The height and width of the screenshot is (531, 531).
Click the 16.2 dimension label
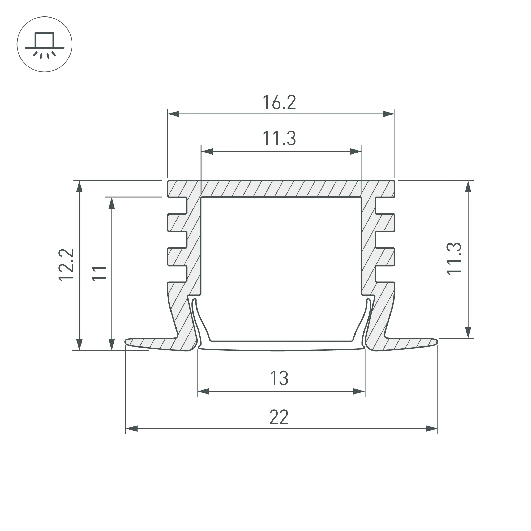(x=279, y=102)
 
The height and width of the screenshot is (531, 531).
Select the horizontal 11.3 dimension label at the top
(x=279, y=138)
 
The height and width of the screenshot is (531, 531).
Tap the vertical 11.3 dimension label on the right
(x=454, y=259)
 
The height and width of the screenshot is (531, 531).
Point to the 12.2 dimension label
(x=66, y=264)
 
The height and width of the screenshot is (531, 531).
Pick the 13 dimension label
(x=279, y=378)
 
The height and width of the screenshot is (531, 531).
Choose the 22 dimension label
(x=279, y=417)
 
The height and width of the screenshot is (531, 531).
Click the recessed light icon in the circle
(x=45, y=45)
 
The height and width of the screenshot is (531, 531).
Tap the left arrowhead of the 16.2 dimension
(x=173, y=114)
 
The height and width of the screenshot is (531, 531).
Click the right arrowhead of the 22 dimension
(x=431, y=429)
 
